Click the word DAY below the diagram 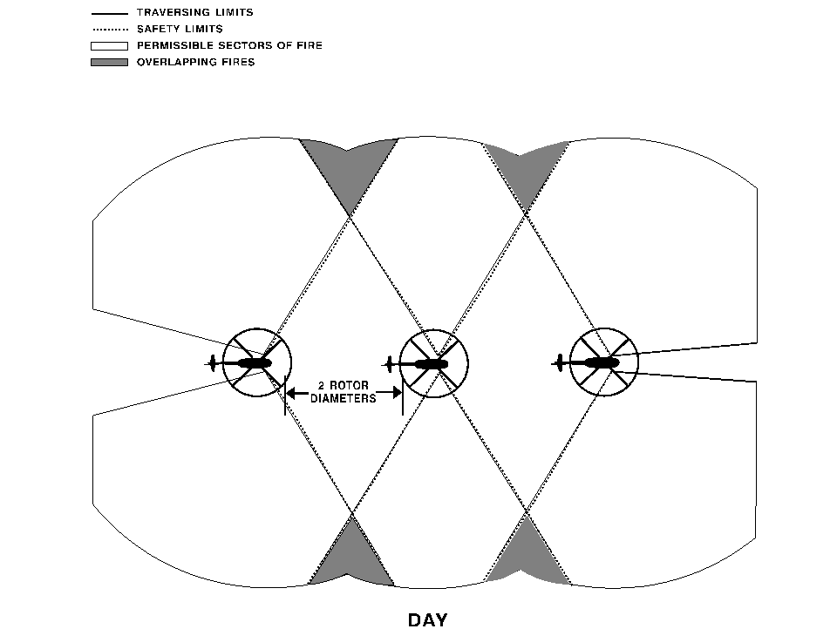click(427, 619)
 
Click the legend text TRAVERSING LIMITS click(194, 12)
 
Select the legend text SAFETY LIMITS click(180, 29)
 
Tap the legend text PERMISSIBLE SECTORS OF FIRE click(229, 45)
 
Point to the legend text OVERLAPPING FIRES click(196, 62)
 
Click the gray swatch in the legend click(110, 63)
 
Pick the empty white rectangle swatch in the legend click(110, 46)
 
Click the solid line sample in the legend click(110, 13)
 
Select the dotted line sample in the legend click(110, 30)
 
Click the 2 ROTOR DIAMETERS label click(344, 391)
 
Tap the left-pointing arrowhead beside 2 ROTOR click(291, 394)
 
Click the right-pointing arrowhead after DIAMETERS click(396, 393)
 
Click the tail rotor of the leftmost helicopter click(213, 363)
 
